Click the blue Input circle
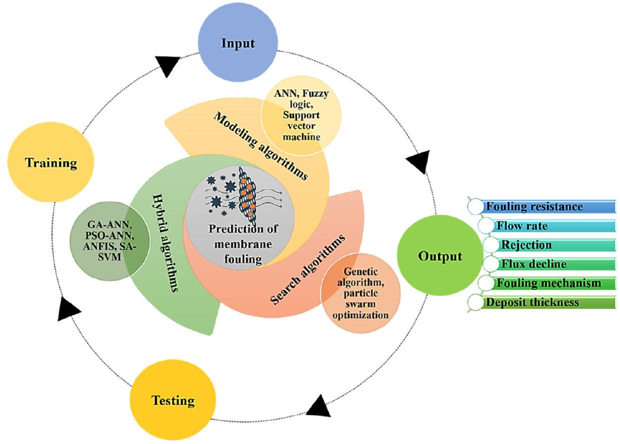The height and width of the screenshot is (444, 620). point(238,43)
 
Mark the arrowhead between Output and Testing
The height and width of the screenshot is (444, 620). point(318,406)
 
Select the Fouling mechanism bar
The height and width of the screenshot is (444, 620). point(548,283)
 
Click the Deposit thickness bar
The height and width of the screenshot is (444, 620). point(543,302)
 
